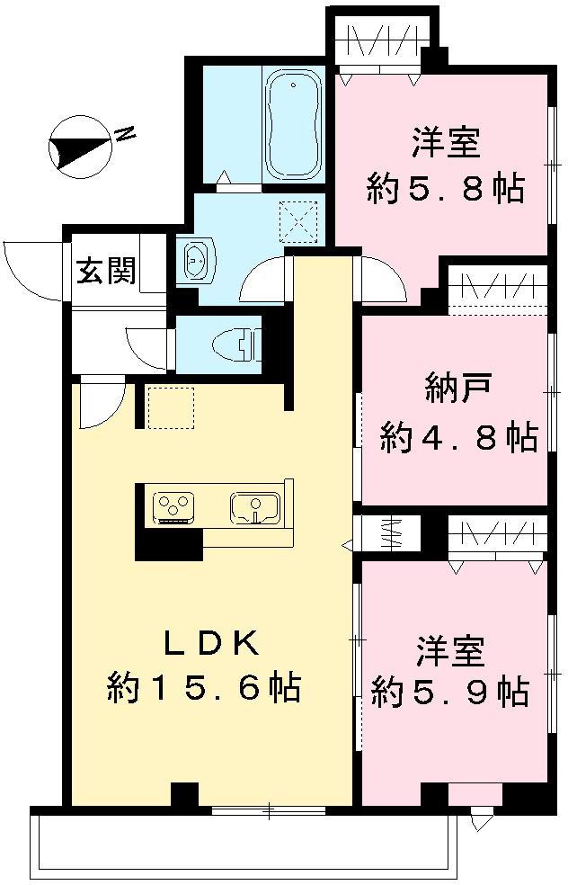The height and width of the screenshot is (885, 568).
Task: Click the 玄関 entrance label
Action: [106, 271]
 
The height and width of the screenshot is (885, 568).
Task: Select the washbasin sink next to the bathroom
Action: [195, 261]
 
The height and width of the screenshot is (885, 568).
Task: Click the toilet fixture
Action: [235, 343]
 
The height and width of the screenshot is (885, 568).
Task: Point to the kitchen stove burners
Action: [173, 506]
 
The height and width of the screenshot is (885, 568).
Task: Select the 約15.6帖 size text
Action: [204, 689]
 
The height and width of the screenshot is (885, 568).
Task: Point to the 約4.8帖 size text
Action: [458, 437]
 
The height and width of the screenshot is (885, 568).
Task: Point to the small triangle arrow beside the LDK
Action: [348, 544]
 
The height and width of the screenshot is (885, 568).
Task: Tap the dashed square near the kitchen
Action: [171, 407]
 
